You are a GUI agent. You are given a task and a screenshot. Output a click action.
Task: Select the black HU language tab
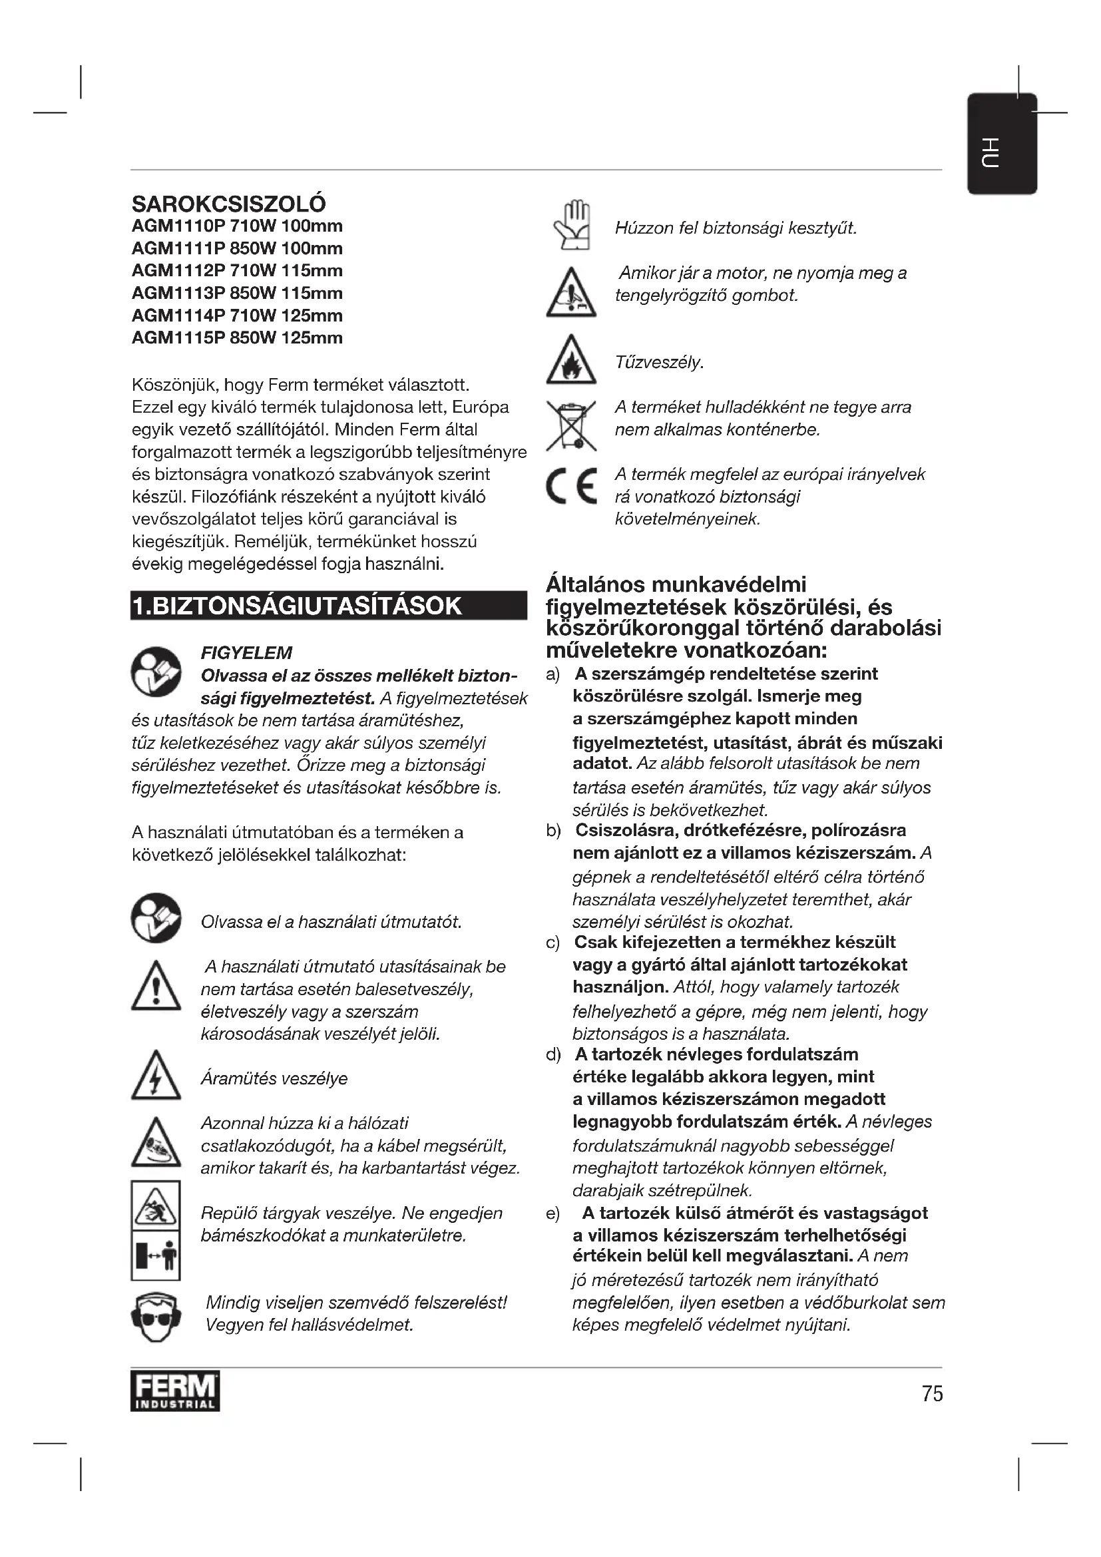point(1001,144)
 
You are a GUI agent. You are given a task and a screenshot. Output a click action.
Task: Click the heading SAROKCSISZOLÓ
point(228,204)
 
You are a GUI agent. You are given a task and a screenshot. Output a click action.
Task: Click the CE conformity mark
point(572,486)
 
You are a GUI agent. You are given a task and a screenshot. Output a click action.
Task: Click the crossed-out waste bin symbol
point(571,426)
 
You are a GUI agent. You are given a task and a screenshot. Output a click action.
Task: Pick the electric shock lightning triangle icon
point(156,1078)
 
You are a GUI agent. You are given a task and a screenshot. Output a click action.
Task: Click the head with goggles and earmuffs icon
point(156,1317)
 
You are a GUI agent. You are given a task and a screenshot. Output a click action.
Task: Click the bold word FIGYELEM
point(246,652)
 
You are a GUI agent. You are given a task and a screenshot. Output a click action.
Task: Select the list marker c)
point(553,943)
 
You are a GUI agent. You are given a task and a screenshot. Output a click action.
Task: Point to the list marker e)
point(553,1214)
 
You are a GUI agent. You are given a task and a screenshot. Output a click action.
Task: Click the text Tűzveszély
point(659,363)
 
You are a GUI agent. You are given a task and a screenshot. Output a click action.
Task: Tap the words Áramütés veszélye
point(274,1078)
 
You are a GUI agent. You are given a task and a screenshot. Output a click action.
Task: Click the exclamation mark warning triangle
point(156,987)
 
